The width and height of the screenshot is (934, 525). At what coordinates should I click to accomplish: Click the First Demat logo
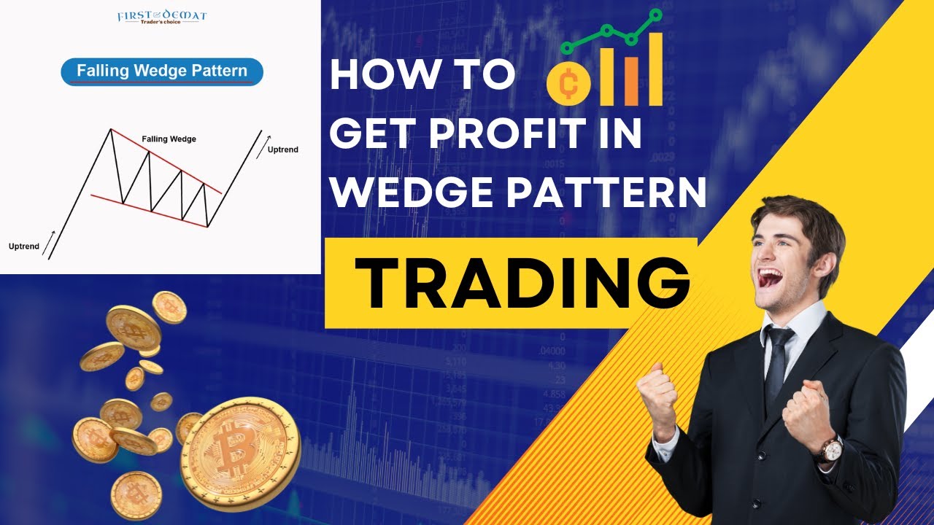click(x=161, y=16)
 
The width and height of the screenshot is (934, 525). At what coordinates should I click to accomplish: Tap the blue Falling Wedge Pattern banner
click(x=162, y=72)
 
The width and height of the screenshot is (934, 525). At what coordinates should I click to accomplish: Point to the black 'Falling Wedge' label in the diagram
click(x=169, y=139)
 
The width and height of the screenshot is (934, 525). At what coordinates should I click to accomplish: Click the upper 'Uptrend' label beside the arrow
click(x=282, y=149)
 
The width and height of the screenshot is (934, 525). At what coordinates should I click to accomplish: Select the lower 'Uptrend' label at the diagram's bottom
click(x=24, y=246)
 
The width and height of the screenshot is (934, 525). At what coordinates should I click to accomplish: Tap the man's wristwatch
click(x=830, y=448)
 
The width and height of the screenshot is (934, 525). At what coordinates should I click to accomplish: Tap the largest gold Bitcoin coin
click(x=239, y=453)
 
